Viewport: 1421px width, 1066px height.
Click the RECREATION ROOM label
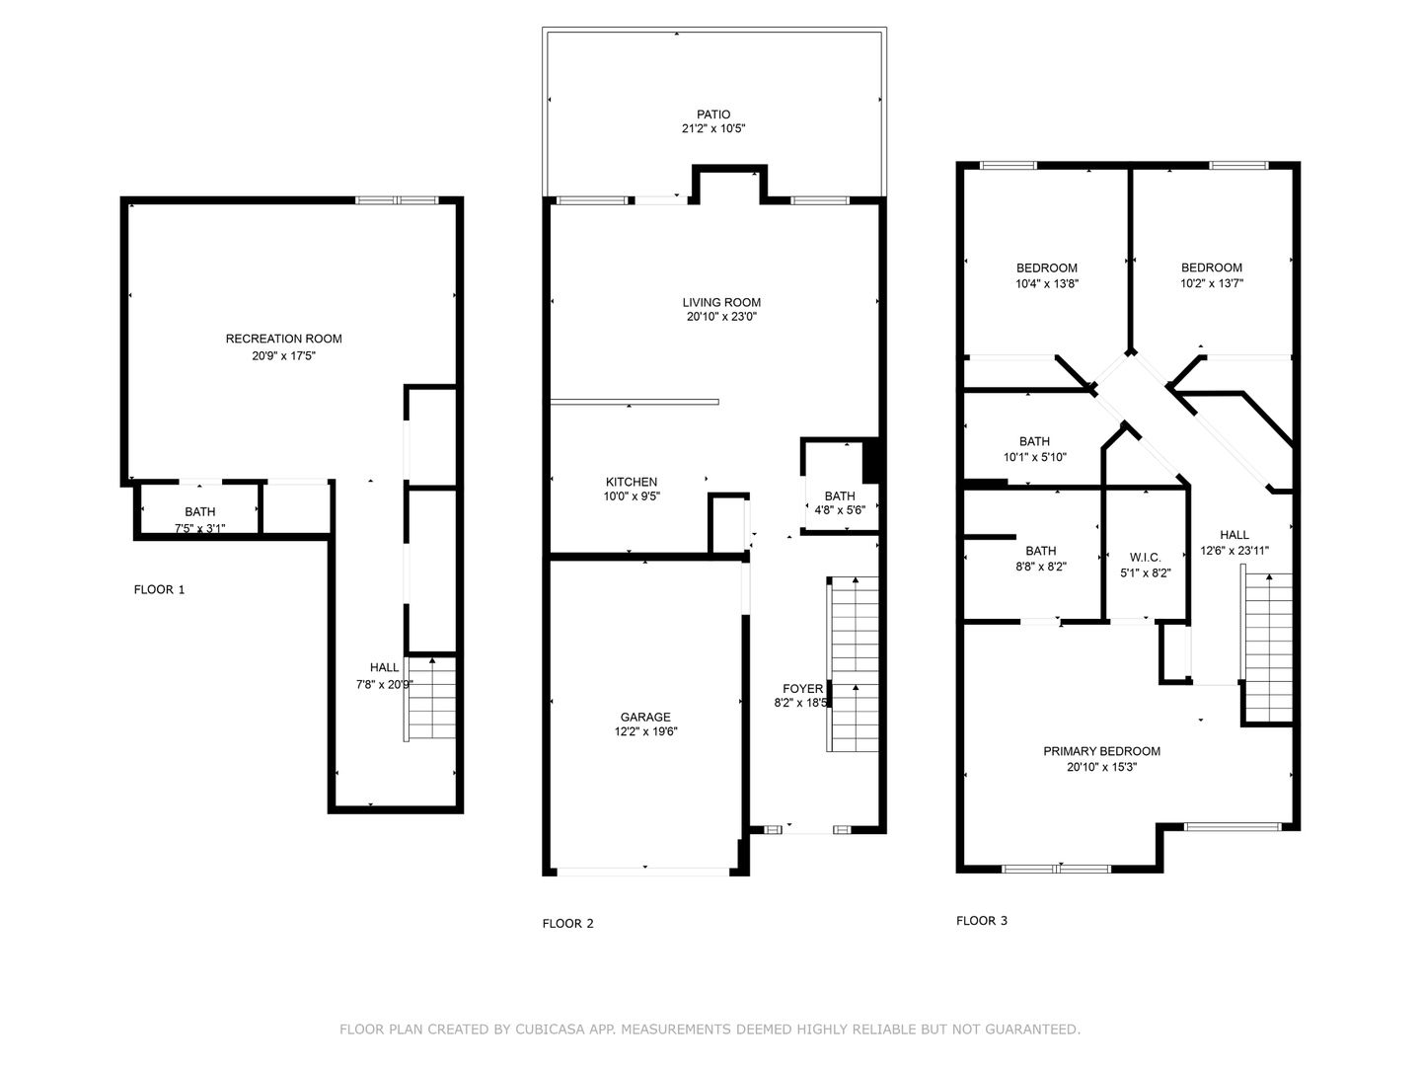283,339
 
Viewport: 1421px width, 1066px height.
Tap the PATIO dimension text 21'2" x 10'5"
713,128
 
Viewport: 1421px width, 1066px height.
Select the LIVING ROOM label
721,302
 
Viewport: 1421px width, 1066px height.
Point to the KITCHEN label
632,483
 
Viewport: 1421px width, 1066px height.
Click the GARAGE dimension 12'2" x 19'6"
646,731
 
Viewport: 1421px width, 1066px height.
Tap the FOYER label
802,689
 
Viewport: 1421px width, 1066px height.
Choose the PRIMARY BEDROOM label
1102,751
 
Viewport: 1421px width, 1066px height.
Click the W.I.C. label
1146,558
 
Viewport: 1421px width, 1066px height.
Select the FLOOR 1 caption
159,589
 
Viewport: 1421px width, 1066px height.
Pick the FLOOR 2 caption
567,924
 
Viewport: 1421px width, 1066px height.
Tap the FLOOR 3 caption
982,920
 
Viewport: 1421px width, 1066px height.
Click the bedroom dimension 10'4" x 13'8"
1047,283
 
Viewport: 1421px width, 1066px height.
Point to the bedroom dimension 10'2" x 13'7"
1211,283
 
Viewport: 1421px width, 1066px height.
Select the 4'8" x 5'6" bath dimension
840,510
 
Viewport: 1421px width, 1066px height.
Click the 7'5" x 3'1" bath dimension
200,528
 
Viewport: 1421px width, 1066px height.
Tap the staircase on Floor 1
430,699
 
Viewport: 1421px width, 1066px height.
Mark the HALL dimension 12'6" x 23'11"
1234,551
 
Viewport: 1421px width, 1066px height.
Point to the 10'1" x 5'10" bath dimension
1034,457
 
